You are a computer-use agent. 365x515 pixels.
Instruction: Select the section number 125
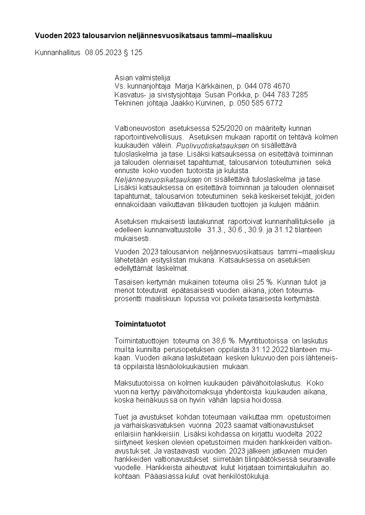click(x=137, y=52)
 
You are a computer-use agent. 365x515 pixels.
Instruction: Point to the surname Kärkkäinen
click(x=212, y=86)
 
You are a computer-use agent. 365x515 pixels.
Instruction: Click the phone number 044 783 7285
click(x=288, y=95)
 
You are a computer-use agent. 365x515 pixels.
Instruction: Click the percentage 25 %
click(x=266, y=282)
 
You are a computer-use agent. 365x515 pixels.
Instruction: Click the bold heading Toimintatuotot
click(x=140, y=324)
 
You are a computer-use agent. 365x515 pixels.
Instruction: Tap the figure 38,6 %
click(x=225, y=341)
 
